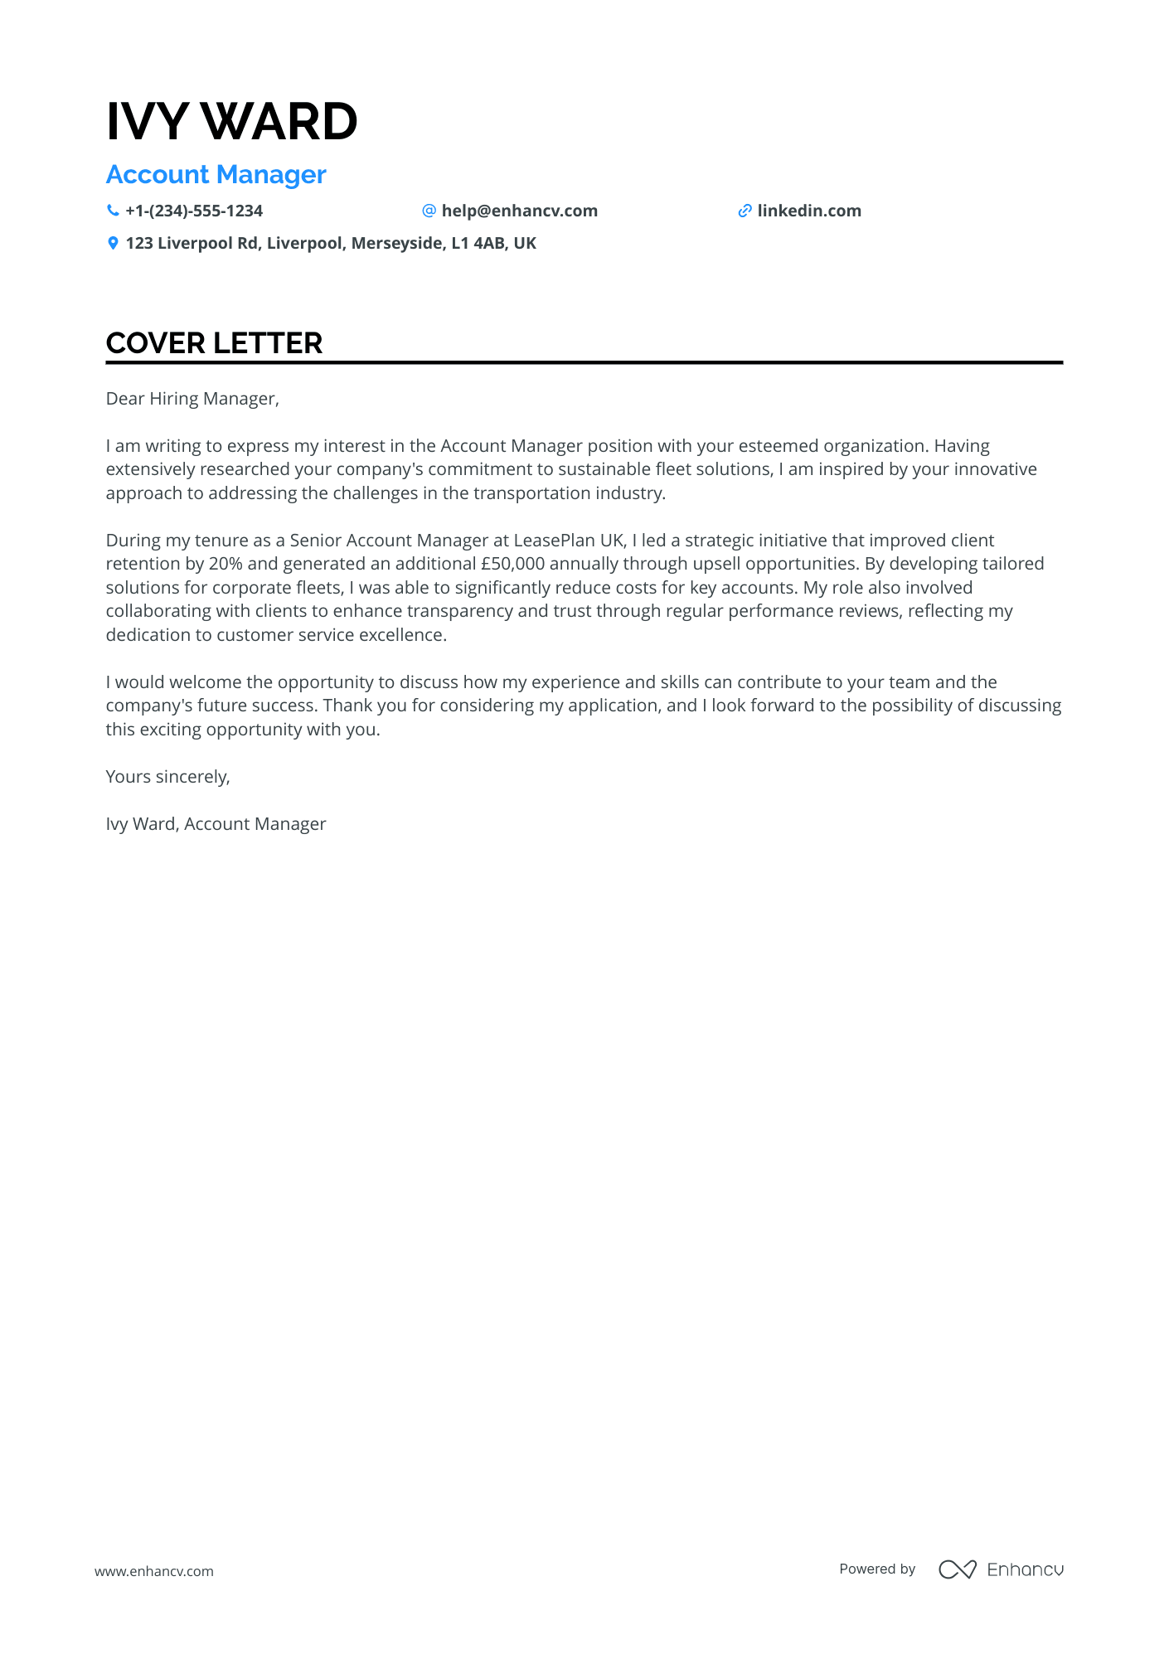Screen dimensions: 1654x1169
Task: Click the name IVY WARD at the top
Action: click(231, 122)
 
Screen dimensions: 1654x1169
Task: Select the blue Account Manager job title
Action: click(216, 175)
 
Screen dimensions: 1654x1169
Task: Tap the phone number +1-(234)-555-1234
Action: click(194, 211)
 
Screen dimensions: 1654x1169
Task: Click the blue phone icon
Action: click(113, 211)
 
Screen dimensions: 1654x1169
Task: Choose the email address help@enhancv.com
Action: click(519, 211)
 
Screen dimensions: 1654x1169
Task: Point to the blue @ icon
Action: click(429, 211)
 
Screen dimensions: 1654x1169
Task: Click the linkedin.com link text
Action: click(808, 211)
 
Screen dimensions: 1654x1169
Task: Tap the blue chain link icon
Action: click(745, 211)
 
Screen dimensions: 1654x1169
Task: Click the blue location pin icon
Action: click(113, 244)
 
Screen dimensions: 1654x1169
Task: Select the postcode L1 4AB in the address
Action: click(477, 244)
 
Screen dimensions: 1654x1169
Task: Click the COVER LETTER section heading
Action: click(214, 343)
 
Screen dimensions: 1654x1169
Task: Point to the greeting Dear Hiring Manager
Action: click(192, 399)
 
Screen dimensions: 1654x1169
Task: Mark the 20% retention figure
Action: click(226, 565)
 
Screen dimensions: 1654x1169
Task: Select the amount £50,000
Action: click(512, 565)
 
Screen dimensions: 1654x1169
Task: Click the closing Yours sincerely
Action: click(167, 777)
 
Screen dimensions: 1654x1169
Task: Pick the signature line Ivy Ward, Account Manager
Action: click(216, 824)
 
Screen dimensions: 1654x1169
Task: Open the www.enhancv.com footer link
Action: click(153, 1571)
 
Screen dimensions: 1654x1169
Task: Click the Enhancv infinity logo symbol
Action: click(957, 1569)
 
